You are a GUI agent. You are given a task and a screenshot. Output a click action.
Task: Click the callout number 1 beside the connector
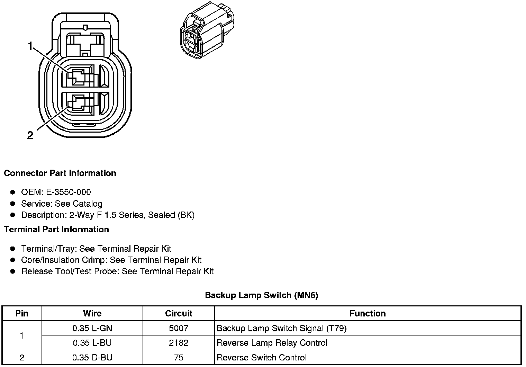pos(30,46)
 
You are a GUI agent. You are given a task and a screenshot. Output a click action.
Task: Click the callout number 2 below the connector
pos(30,135)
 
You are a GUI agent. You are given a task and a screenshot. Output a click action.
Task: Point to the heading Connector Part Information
pos(60,173)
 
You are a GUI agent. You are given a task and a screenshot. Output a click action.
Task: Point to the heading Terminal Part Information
pos(56,230)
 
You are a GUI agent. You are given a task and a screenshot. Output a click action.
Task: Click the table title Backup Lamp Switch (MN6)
pos(261,295)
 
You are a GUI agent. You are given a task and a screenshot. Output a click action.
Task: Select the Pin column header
pos(22,313)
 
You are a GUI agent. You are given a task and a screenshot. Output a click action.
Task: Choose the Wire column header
pos(92,313)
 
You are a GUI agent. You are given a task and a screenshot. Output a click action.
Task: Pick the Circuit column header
pos(179,313)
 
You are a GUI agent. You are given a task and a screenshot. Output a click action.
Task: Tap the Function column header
pos(368,313)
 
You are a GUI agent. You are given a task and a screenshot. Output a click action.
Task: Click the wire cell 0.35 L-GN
pos(92,328)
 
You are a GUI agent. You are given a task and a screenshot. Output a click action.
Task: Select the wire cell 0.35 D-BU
pos(92,358)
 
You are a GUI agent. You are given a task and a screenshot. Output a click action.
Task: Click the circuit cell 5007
pos(179,328)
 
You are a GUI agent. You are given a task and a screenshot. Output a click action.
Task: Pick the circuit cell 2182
pos(179,343)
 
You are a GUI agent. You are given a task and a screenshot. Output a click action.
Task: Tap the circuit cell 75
pos(179,358)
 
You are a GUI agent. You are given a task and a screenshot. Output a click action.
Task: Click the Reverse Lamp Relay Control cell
pos(272,343)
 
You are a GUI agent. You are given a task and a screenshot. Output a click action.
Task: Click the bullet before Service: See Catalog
pos(13,204)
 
